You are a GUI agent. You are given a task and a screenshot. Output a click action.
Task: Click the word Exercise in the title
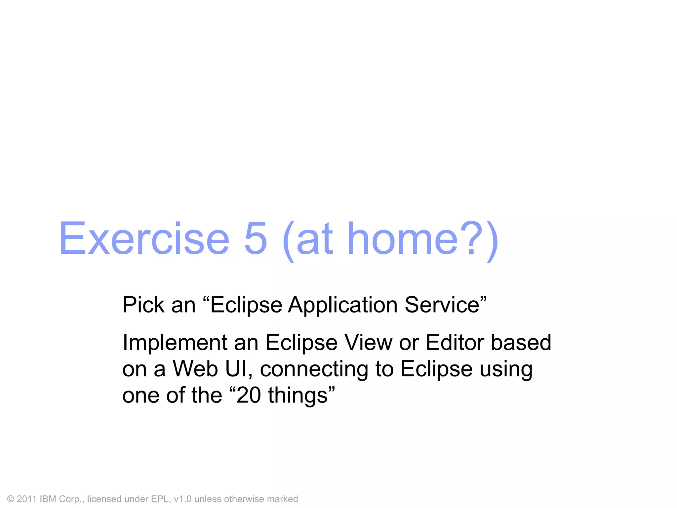144,239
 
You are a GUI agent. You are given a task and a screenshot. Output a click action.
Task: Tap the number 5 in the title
255,239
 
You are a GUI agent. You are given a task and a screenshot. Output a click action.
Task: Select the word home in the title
403,239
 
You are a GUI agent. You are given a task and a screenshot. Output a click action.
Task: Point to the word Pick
143,305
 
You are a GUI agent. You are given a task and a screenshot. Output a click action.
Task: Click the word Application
342,305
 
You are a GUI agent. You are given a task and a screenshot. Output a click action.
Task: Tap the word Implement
174,343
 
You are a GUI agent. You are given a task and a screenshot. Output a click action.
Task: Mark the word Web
195,369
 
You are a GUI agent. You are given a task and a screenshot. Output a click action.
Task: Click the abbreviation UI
236,369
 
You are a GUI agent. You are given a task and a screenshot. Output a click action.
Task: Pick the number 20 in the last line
249,396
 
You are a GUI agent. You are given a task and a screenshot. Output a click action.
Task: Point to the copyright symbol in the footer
11,499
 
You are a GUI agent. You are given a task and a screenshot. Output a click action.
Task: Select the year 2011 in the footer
26,499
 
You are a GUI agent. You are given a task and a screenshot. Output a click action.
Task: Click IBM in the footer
48,499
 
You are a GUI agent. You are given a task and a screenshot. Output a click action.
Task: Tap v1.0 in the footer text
182,499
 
